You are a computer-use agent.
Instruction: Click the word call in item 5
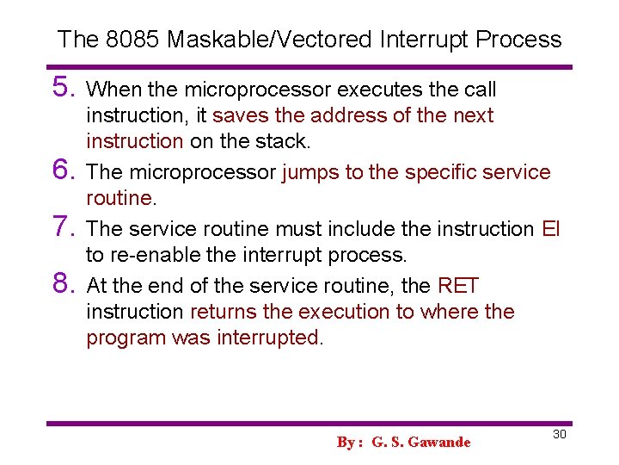pyautogui.click(x=482, y=90)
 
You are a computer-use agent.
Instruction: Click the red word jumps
pyautogui.click(x=311, y=172)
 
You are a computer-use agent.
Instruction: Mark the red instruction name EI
pyautogui.click(x=551, y=229)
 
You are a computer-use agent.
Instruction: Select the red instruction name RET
pyautogui.click(x=458, y=286)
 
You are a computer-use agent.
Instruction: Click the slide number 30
pyautogui.click(x=559, y=434)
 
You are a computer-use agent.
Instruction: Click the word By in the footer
pyautogui.click(x=346, y=442)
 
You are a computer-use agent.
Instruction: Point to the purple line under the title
pyautogui.click(x=309, y=67)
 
